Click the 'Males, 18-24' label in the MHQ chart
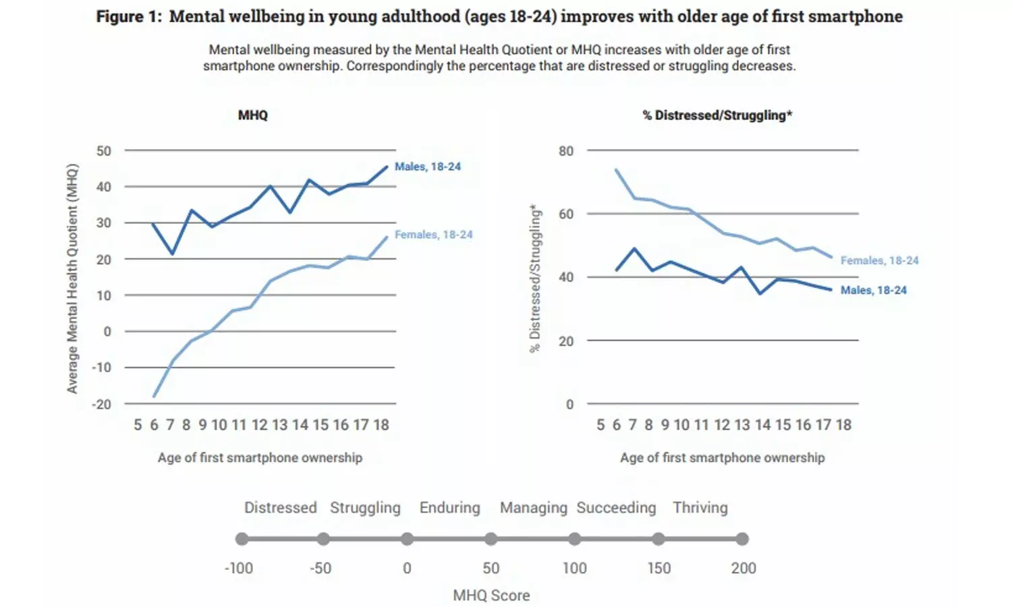pyautogui.click(x=428, y=167)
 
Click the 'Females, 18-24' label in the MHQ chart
pyautogui.click(x=434, y=235)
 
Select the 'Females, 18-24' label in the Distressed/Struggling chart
pyautogui.click(x=879, y=260)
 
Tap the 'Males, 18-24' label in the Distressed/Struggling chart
pyautogui.click(x=873, y=290)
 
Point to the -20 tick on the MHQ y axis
pyautogui.click(x=102, y=404)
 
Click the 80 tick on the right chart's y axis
pyautogui.click(x=566, y=151)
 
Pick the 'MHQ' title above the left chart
pyautogui.click(x=253, y=115)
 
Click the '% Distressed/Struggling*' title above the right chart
pyautogui.click(x=717, y=115)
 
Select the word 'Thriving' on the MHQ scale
pyautogui.click(x=700, y=508)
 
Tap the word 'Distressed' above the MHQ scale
pyautogui.click(x=280, y=508)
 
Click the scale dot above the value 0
pyautogui.click(x=407, y=539)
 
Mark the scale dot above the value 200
pyautogui.click(x=742, y=539)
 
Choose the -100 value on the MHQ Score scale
pyautogui.click(x=239, y=569)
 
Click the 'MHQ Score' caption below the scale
pyautogui.click(x=491, y=596)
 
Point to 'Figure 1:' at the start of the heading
pyautogui.click(x=129, y=17)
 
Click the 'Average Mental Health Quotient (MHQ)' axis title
pyautogui.click(x=72, y=279)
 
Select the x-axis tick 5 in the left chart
pyautogui.click(x=138, y=425)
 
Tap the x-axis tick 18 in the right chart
pyautogui.click(x=843, y=425)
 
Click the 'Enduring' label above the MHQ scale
pyautogui.click(x=450, y=508)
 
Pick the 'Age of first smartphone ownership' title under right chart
pyautogui.click(x=722, y=458)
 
